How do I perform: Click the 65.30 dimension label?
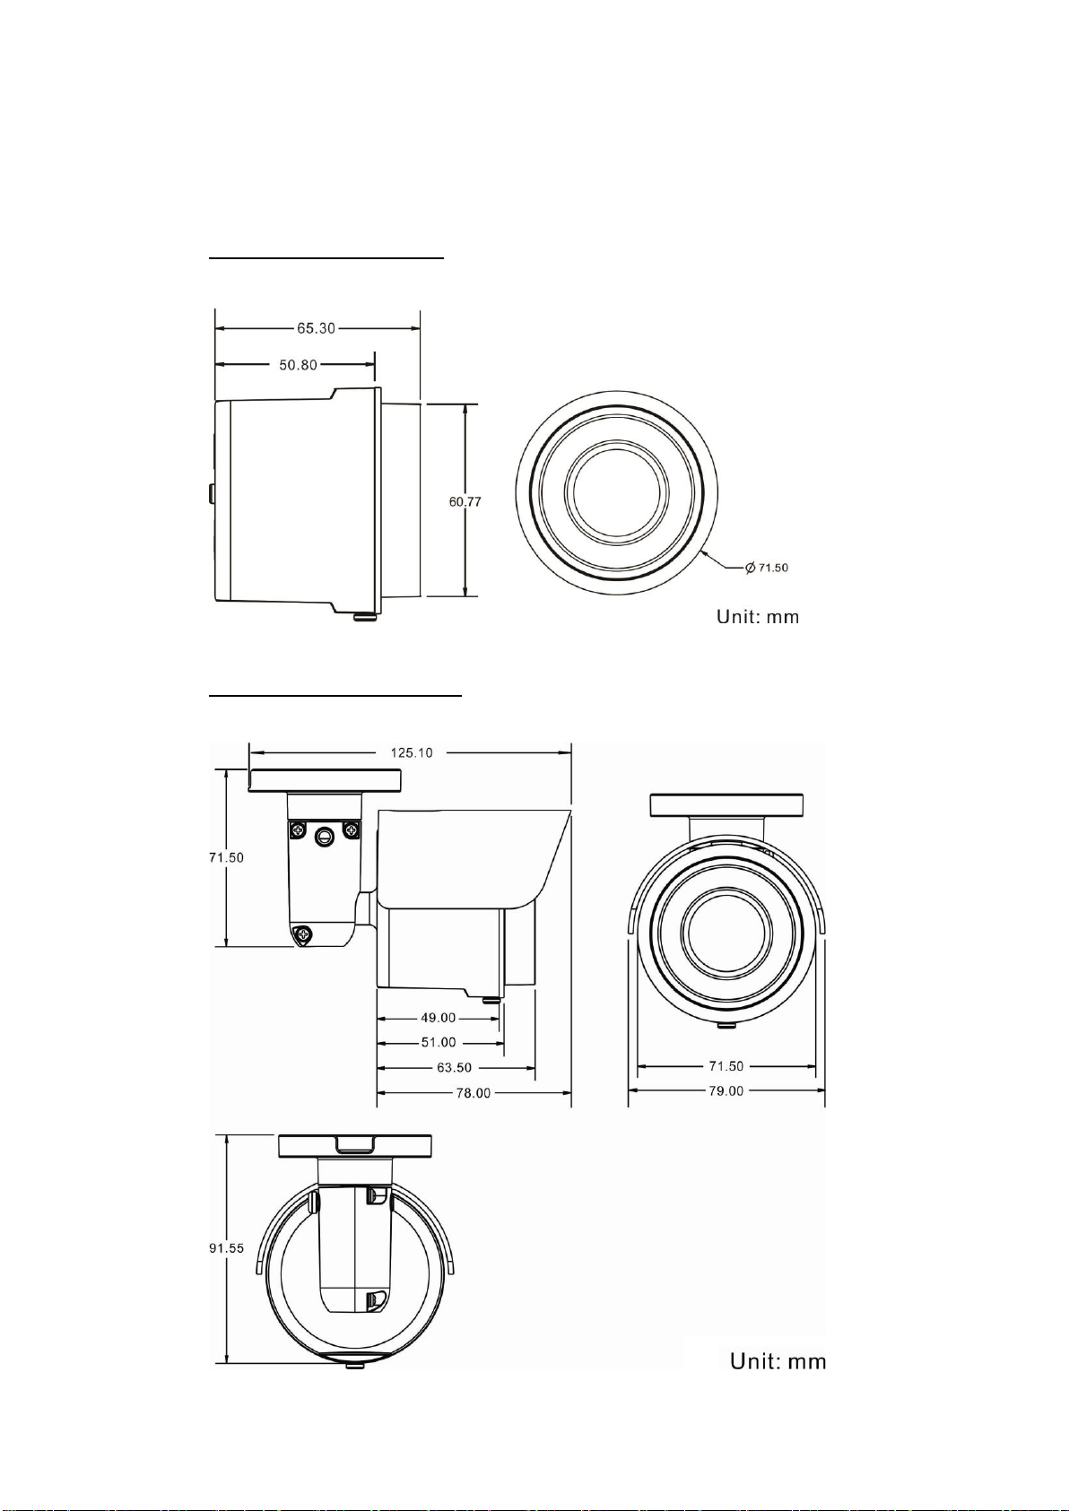coord(317,328)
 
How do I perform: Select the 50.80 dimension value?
coord(298,365)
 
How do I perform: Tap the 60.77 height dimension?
coord(465,502)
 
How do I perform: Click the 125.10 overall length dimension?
coord(412,752)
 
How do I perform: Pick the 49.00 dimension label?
coord(439,1018)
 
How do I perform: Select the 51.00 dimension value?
coord(439,1042)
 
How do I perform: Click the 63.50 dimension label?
coord(455,1068)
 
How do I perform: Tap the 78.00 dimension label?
coord(474,1093)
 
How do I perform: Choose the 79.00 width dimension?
coord(726,1090)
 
